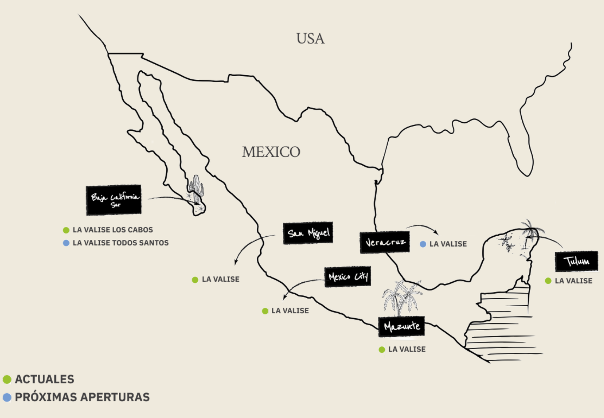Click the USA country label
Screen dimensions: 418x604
(x=310, y=39)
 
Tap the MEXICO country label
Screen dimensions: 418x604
(x=271, y=152)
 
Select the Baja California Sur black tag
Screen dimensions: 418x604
(x=114, y=200)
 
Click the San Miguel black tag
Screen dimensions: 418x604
(x=308, y=233)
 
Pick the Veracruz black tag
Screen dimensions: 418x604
(x=384, y=242)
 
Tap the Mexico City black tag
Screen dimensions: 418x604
(x=347, y=277)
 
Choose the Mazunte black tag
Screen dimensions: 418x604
(x=401, y=327)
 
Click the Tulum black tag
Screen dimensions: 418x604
(x=576, y=261)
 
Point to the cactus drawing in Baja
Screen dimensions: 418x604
(x=196, y=187)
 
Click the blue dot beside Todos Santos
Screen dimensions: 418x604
(x=66, y=243)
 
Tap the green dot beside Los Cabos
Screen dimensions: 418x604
(x=66, y=230)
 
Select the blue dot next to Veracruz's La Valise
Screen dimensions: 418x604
(x=423, y=244)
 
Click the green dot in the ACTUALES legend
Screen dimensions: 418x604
(x=7, y=379)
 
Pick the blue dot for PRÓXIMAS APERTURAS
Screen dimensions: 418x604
(x=7, y=397)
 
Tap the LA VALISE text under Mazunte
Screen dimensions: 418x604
(x=407, y=349)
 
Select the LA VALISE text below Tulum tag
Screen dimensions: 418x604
(x=573, y=281)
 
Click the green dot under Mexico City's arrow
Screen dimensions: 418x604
(x=265, y=311)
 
